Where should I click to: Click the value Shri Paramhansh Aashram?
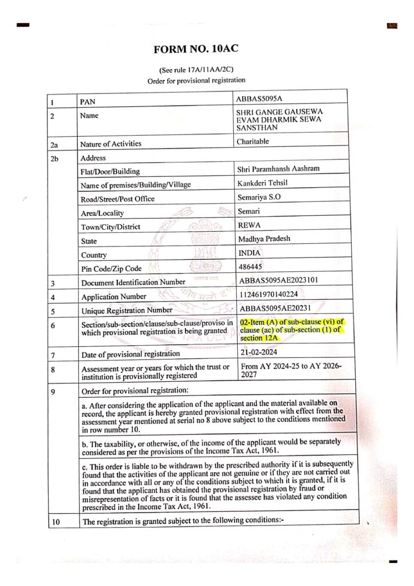point(278,169)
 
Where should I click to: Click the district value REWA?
point(249,225)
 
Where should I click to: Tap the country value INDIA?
point(249,253)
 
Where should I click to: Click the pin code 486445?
point(250,267)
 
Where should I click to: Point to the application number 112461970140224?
point(274,295)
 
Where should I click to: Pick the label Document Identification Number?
point(133,282)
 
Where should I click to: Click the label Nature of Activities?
point(110,144)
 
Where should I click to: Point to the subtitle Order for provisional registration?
point(196,81)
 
